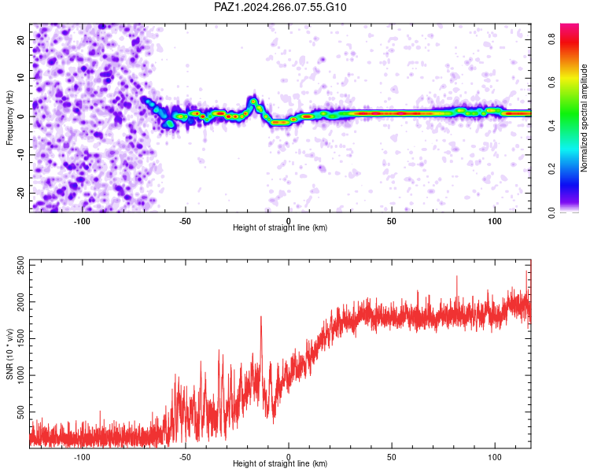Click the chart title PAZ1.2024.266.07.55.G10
point(280,7)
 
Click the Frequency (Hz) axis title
point(9,118)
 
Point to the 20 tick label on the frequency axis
point(20,39)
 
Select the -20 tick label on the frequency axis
point(20,193)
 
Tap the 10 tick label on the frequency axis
point(20,78)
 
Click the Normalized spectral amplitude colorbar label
point(584,118)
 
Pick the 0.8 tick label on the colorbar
point(551,39)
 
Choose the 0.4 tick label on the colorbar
point(551,125)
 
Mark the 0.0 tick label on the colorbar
point(551,212)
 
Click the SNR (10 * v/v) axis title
point(9,354)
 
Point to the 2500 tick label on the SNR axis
point(20,265)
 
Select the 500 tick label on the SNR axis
point(20,411)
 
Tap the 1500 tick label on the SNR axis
point(20,339)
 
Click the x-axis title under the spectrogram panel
point(280,227)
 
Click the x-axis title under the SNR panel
point(280,463)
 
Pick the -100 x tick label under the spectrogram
point(82,221)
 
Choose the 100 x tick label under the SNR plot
point(495,457)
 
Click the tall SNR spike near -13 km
point(261,317)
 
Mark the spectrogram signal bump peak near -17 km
point(253,101)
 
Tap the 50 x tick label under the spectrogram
point(392,221)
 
